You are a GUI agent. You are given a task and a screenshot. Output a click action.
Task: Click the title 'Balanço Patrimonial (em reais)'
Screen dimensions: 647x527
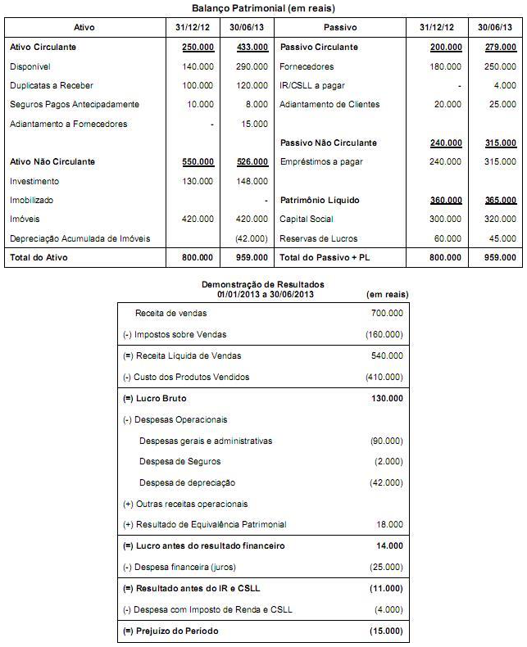point(263,7)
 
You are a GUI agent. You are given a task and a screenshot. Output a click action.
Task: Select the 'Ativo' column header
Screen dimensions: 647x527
point(84,28)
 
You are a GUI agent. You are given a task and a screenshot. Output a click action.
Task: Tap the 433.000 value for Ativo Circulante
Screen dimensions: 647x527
point(251,48)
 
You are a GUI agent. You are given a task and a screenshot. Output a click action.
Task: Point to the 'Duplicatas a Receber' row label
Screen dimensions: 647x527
point(51,85)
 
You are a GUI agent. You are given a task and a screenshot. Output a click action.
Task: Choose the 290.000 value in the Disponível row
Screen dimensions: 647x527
point(251,66)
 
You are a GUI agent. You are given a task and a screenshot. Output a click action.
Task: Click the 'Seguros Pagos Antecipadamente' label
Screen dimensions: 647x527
point(75,105)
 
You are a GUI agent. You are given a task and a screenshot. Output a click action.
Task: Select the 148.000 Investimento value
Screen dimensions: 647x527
point(251,181)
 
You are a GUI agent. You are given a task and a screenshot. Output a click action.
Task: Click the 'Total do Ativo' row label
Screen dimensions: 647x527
point(39,258)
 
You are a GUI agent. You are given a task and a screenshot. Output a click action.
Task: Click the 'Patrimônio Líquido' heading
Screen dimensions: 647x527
point(320,200)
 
